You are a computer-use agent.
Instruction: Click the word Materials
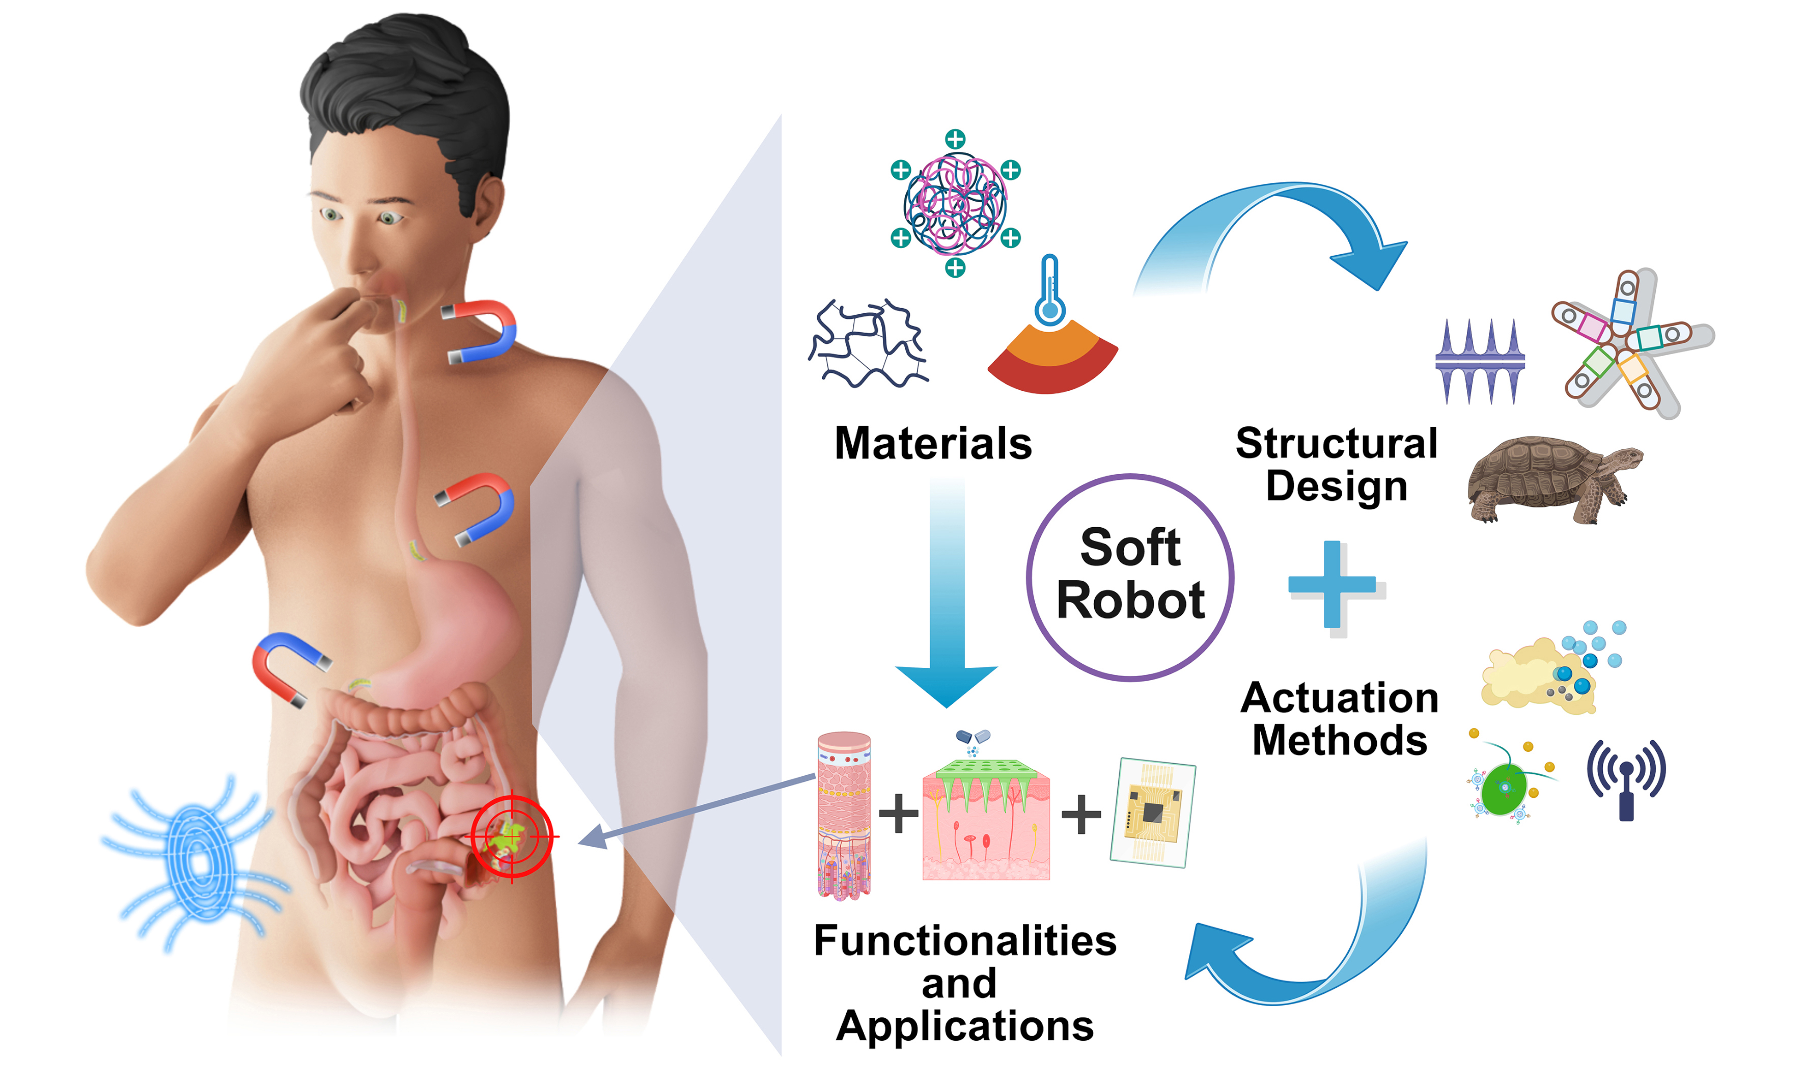932,443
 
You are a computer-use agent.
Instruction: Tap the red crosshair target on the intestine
511,836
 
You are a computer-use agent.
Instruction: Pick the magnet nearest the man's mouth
482,331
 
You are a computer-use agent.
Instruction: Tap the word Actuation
1339,698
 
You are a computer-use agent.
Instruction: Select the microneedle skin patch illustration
986,818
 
